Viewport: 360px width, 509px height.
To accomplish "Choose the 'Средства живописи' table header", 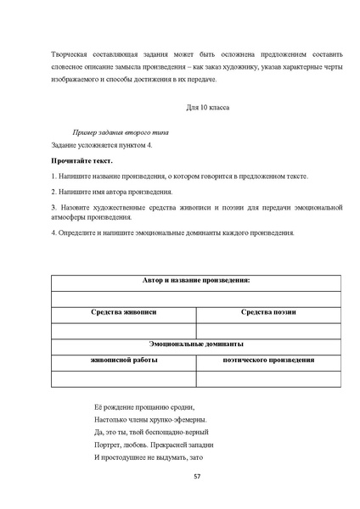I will pyautogui.click(x=124, y=312).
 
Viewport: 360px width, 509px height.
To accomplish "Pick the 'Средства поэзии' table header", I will pyautogui.click(x=268, y=312).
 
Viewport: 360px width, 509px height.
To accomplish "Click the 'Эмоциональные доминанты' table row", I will pyautogui.click(x=196, y=344).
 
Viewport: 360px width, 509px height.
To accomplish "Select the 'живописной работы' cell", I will pyautogui.click(x=124, y=360).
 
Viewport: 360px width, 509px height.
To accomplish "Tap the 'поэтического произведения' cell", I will pyautogui.click(x=268, y=360).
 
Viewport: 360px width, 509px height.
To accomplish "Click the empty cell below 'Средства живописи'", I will pyautogui.click(x=124, y=329).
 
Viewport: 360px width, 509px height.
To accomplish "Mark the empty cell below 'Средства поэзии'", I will pyautogui.click(x=268, y=329).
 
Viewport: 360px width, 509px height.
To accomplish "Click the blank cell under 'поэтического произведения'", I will pyautogui.click(x=268, y=378).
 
